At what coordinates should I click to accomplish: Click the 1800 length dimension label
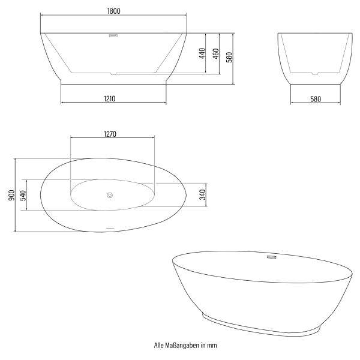[114, 11]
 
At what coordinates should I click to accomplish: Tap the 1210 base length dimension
[110, 99]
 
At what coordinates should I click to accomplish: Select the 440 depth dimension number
[202, 53]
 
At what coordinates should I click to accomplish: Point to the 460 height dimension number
[216, 54]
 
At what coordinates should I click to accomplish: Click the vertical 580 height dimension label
[229, 58]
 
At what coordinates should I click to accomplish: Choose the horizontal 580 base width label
[316, 99]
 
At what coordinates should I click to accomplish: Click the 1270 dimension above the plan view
[110, 134]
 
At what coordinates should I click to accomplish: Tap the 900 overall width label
[11, 195]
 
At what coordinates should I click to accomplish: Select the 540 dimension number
[23, 196]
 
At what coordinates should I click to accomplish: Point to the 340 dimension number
[203, 194]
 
